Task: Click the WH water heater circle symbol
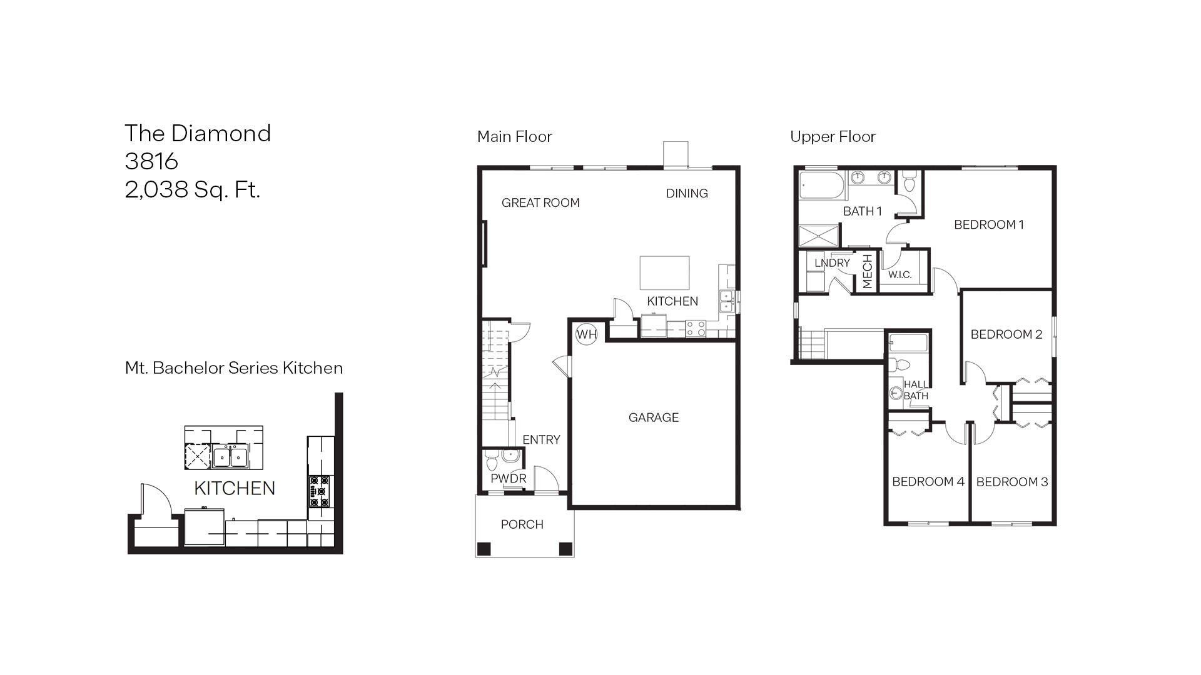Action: pos(586,334)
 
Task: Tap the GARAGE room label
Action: pos(653,417)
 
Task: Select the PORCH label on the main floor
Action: pos(522,524)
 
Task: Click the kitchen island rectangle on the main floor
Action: pos(664,272)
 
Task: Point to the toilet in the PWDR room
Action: pos(492,463)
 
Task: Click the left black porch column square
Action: pos(484,549)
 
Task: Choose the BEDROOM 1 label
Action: pos(988,224)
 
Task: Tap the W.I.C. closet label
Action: pos(899,274)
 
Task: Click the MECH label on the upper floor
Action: pos(867,271)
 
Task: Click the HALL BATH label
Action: pos(916,390)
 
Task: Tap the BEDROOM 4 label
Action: pos(928,481)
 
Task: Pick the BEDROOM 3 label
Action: pos(1011,481)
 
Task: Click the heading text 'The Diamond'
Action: pos(198,133)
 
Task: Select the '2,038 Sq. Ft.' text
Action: pos(192,189)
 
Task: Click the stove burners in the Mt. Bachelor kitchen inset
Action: pos(320,491)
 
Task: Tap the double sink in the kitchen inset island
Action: pos(230,457)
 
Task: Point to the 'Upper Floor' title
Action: pos(833,136)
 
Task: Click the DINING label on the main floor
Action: pos(686,193)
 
